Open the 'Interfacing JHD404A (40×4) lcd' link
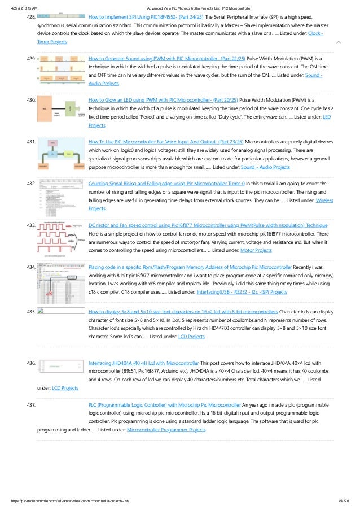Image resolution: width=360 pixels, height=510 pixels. pyautogui.click(x=143, y=363)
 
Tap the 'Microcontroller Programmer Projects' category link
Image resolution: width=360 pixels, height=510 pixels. pyautogui.click(x=166, y=430)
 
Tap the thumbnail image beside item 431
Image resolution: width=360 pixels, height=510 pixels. pyautogui.click(x=60, y=155)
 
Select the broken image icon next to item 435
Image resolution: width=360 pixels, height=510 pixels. pyautogui.click(x=40, y=311)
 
